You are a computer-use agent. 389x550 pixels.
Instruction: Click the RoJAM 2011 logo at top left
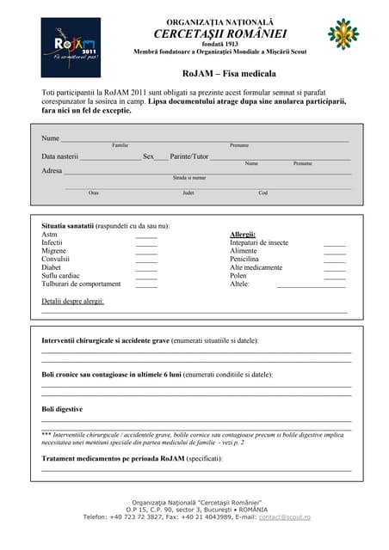tap(71, 47)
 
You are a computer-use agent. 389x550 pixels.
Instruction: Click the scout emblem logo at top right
tap(343, 34)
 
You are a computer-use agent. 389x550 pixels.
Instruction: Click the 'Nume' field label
tap(51, 138)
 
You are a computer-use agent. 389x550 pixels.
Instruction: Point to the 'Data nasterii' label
tap(60, 156)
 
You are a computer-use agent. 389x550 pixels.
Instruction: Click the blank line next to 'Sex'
tap(162, 157)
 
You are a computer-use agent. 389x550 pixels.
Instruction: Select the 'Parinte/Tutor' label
tap(189, 156)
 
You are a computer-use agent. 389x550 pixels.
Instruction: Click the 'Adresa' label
tap(52, 171)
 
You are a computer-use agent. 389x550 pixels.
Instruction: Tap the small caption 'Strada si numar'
tap(189, 178)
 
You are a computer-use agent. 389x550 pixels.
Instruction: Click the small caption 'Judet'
tap(188, 192)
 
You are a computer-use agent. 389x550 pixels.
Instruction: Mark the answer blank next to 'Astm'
tap(146, 235)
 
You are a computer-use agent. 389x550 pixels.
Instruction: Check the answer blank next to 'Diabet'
tap(146, 267)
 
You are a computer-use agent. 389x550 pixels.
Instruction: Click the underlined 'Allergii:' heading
tap(243, 234)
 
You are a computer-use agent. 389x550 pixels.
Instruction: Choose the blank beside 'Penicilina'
tap(334, 259)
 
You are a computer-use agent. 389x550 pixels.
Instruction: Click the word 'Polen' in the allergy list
tap(238, 275)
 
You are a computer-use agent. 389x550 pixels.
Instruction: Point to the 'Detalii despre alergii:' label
tap(73, 301)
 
